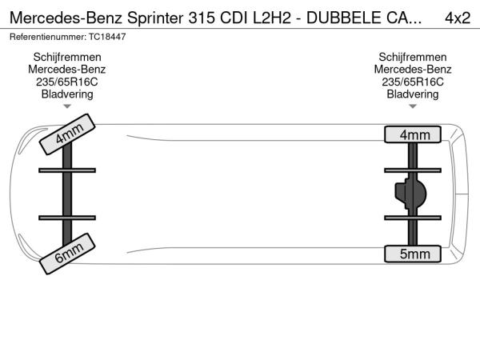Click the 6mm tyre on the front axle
click(68, 252)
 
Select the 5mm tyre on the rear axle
click(413, 254)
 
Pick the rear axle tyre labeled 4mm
click(413, 134)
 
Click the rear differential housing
click(415, 194)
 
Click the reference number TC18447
click(108, 37)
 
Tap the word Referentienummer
click(47, 37)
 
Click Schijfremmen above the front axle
click(68, 57)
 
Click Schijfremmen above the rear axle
click(413, 57)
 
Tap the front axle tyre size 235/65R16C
click(68, 82)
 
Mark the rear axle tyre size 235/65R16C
click(413, 82)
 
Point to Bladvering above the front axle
click(68, 94)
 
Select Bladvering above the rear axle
click(413, 94)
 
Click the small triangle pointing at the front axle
click(68, 106)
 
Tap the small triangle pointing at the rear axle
click(413, 106)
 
